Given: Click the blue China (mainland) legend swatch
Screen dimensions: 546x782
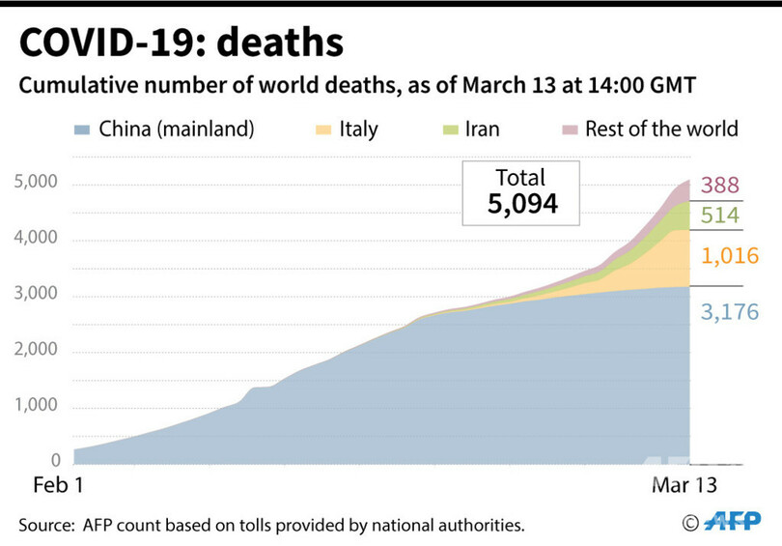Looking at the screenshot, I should tap(82, 129).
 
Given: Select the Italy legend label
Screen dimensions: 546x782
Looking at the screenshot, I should tap(358, 129).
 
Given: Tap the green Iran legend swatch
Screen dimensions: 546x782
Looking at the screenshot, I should tap(450, 129).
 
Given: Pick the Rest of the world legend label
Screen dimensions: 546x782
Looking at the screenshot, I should tap(661, 129).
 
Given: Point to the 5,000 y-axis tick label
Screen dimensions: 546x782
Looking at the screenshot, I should tap(37, 183).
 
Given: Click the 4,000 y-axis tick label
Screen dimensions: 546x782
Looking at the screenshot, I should tap(37, 239).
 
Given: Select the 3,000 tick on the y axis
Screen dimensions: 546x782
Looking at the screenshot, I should tap(37, 295).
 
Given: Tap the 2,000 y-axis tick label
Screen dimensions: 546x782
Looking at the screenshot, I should tap(37, 351).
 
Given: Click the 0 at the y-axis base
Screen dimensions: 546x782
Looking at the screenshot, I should tap(55, 461).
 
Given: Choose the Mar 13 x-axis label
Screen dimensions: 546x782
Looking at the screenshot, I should tap(684, 484).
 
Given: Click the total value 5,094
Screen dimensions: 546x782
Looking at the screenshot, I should tap(520, 206).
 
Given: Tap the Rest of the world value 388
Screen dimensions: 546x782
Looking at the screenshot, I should tap(720, 186).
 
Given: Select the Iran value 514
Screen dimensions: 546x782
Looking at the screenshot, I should tap(720, 216).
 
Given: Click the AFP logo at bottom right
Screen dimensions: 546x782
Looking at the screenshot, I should tap(731, 522).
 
